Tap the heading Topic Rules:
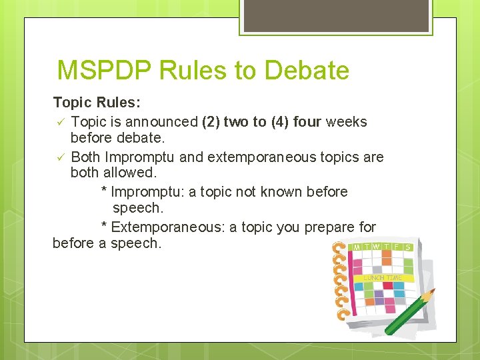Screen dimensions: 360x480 click(x=97, y=103)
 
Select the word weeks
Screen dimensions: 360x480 click(x=345, y=122)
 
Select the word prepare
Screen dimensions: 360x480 click(x=330, y=227)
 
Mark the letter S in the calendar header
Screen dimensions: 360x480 click(x=407, y=247)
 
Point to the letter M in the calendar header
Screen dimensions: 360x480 click(x=357, y=247)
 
